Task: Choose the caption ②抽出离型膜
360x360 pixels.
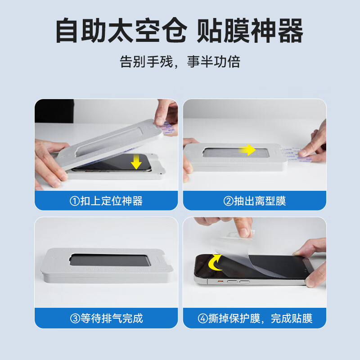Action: [255, 201]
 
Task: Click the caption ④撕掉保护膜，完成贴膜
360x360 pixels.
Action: [255, 319]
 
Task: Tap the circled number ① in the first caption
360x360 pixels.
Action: [75, 201]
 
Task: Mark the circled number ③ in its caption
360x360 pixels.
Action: [75, 319]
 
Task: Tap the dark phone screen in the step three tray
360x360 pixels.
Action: [107, 261]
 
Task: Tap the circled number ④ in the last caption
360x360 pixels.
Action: [202, 319]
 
